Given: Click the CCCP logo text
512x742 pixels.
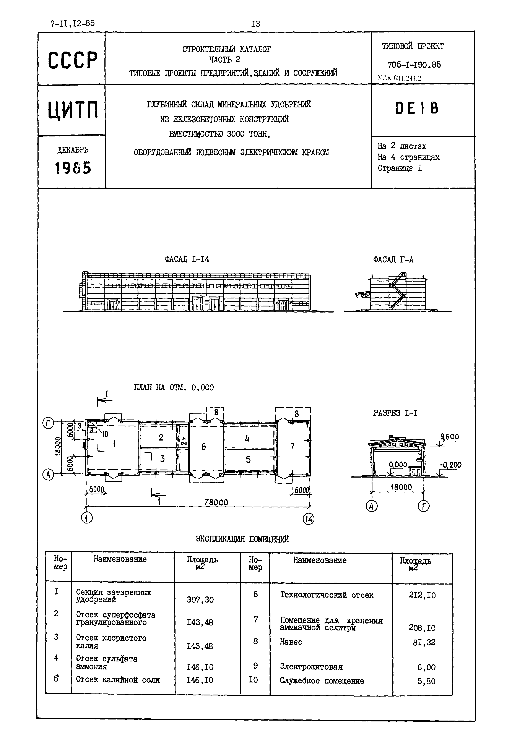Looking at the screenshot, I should tap(73, 60).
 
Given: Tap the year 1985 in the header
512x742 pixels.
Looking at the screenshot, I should tap(73, 168).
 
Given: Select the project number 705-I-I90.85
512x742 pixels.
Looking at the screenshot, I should tap(414, 65).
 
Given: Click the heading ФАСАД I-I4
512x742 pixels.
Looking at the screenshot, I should tap(187, 259).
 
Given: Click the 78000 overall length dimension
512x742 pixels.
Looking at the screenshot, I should tap(216, 502).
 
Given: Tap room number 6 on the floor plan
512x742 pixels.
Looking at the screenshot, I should tap(203, 446).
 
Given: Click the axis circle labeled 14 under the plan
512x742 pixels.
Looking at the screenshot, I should tap(309, 519).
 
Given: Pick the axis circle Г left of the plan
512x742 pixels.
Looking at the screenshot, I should tap(48, 424).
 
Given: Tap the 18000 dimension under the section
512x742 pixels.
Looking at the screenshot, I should tap(401, 487).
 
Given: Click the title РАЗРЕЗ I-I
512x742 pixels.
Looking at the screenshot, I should tap(395, 413).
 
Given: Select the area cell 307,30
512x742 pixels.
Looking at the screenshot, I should tap(200, 600).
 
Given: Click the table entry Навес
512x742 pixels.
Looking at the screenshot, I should tap(291, 642).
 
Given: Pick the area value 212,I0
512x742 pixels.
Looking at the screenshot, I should tap(422, 595).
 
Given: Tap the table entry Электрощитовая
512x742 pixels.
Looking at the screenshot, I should tap(311, 667).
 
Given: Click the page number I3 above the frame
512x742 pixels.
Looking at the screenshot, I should tap(255, 24).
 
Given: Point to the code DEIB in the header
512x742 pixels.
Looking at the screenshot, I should tap(416, 108).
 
